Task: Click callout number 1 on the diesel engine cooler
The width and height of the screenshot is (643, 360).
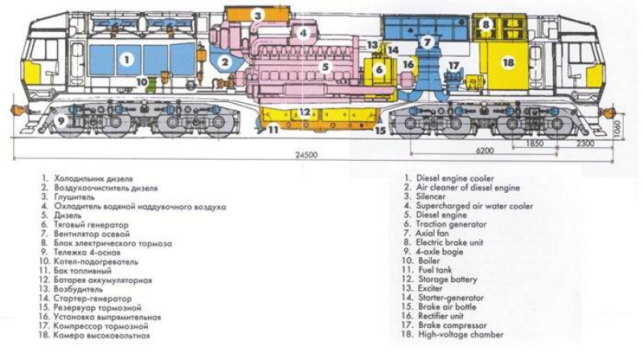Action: pyautogui.click(x=127, y=59)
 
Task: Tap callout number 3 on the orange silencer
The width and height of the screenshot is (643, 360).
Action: pyautogui.click(x=257, y=15)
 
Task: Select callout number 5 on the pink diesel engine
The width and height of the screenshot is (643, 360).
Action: pyautogui.click(x=326, y=67)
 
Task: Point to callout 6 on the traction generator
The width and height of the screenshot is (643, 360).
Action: pyautogui.click(x=379, y=70)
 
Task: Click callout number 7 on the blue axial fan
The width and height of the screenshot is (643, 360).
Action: pyautogui.click(x=428, y=42)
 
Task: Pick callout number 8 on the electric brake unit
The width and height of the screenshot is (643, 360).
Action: pyautogui.click(x=485, y=24)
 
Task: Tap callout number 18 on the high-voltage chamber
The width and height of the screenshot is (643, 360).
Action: pyautogui.click(x=508, y=63)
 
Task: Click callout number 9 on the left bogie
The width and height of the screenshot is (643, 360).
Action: pyautogui.click(x=62, y=121)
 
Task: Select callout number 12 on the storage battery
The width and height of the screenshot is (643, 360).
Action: pyautogui.click(x=305, y=112)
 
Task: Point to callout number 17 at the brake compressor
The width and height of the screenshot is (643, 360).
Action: pyautogui.click(x=453, y=66)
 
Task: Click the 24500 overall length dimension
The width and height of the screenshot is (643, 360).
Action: pyautogui.click(x=307, y=155)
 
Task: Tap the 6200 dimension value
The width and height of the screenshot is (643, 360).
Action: pyautogui.click(x=485, y=150)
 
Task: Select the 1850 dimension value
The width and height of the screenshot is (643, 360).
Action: pyautogui.click(x=534, y=144)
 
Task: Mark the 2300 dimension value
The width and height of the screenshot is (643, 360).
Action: pyautogui.click(x=586, y=144)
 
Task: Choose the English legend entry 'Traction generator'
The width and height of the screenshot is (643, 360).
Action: pyautogui.click(x=451, y=224)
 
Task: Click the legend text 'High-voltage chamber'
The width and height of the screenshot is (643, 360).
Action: pyautogui.click(x=461, y=334)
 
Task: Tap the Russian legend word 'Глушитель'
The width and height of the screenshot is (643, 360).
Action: pyautogui.click(x=74, y=197)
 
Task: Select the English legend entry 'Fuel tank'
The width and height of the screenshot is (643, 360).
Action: pyautogui.click(x=435, y=270)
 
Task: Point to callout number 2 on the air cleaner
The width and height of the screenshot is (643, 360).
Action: pyautogui.click(x=225, y=62)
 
